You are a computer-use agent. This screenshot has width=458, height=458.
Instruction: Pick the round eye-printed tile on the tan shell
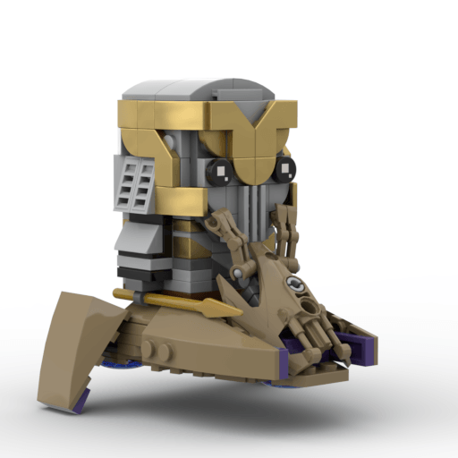tap(294, 285)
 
